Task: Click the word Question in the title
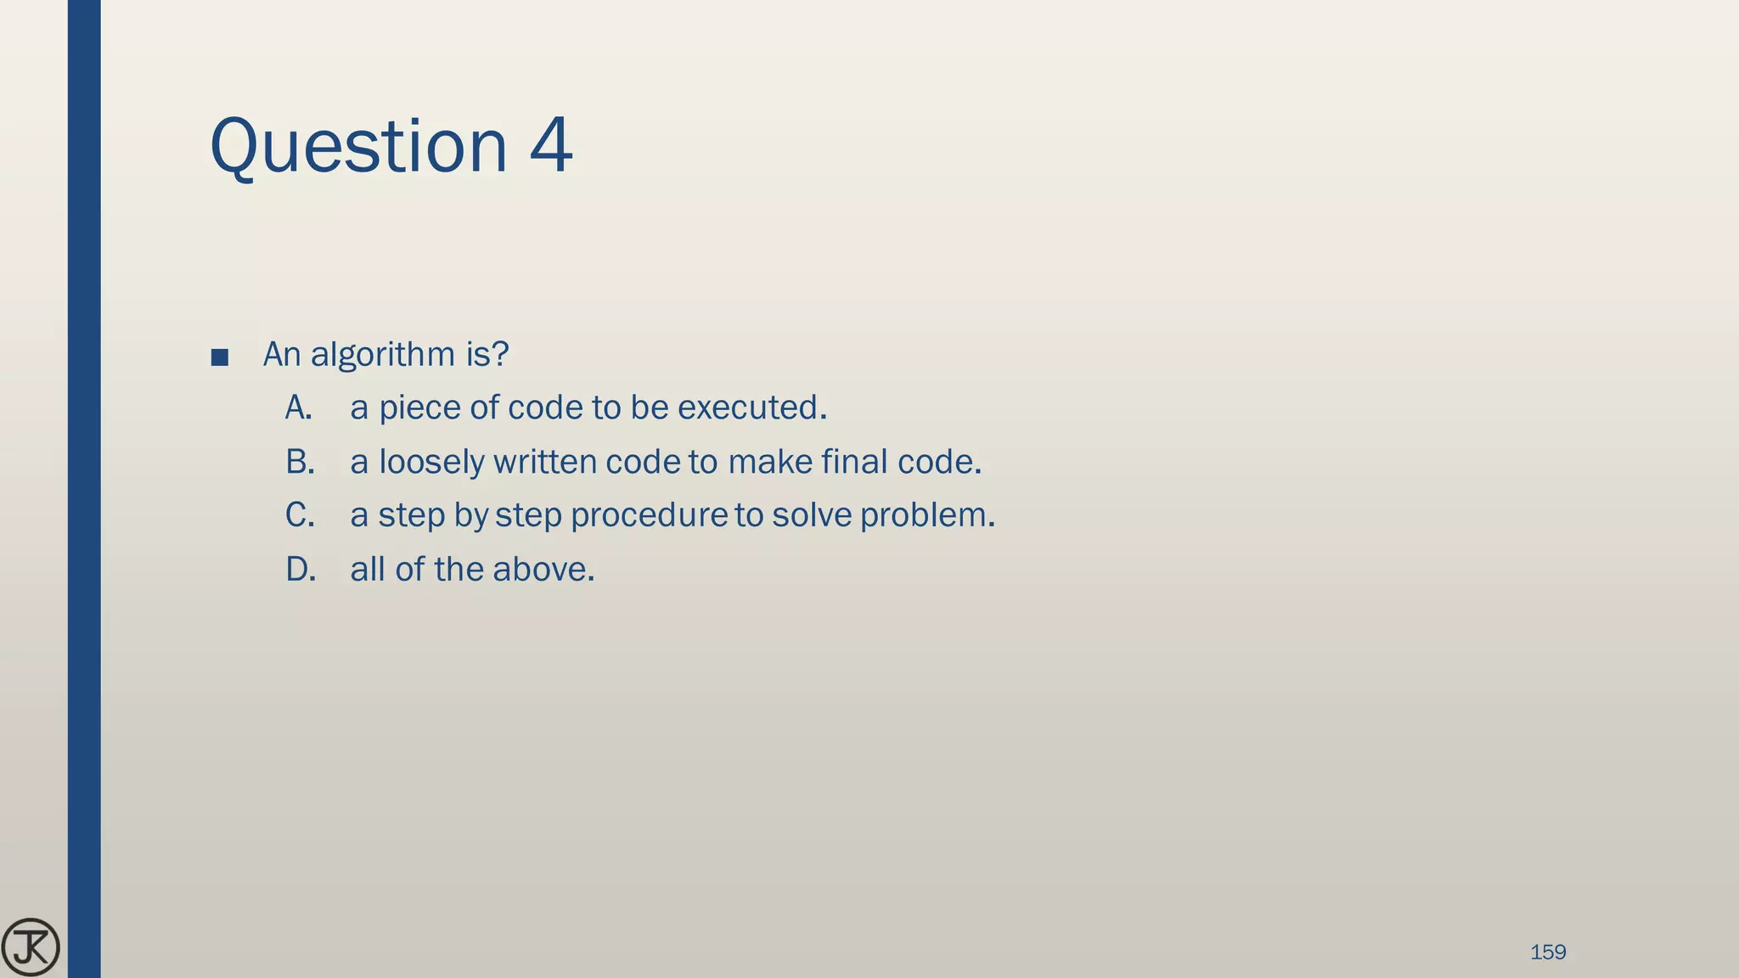pyautogui.click(x=357, y=146)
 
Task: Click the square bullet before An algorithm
pyautogui.click(x=219, y=357)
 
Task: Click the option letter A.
pyautogui.click(x=298, y=408)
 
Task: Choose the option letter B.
pyautogui.click(x=300, y=462)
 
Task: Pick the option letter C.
pyautogui.click(x=300, y=515)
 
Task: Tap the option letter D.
pyautogui.click(x=301, y=569)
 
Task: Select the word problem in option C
pyautogui.click(x=926, y=515)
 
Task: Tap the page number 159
pyautogui.click(x=1547, y=953)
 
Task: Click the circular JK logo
pyautogui.click(x=31, y=947)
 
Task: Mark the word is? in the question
pyautogui.click(x=487, y=355)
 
